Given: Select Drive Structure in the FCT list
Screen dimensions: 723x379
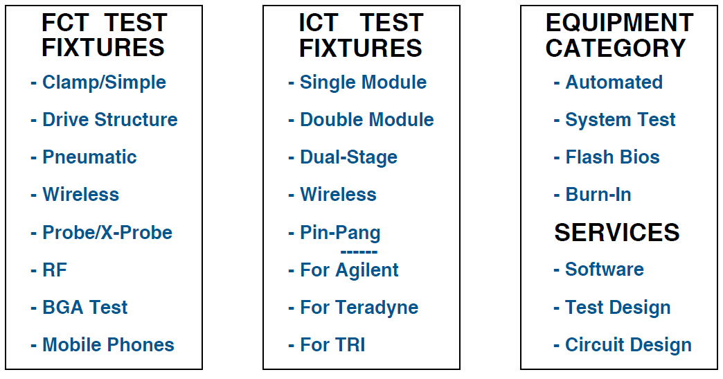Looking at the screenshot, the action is pyautogui.click(x=109, y=120).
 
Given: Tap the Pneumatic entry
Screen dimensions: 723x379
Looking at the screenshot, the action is pyautogui.click(x=89, y=157).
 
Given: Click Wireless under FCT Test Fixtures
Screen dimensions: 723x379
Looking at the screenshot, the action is pyautogui.click(x=81, y=195).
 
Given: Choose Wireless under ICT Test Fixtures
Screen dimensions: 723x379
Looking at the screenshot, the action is pyautogui.click(x=338, y=195).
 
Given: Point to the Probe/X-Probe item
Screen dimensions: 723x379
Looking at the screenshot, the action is pyautogui.click(x=107, y=232).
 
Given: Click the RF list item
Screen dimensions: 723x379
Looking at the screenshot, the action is pyautogui.click(x=55, y=270).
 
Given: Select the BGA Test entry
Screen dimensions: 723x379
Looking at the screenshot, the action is pyautogui.click(x=85, y=308).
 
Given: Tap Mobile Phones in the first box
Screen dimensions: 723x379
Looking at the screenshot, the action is pyautogui.click(x=108, y=345).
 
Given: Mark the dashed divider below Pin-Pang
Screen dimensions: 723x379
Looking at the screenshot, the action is pyautogui.click(x=359, y=252).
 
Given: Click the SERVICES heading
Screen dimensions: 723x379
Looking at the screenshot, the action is pyautogui.click(x=617, y=232).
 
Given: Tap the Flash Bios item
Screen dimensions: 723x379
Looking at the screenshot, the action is pyautogui.click(x=612, y=157).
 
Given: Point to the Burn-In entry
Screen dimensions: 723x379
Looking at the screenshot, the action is pyautogui.click(x=598, y=195).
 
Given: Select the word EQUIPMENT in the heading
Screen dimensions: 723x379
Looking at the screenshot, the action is pyautogui.click(x=619, y=23).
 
